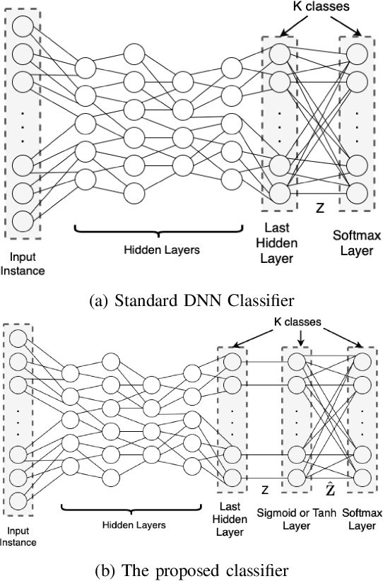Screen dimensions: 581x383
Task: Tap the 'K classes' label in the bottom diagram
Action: click(x=297, y=322)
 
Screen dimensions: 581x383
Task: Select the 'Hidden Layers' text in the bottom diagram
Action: click(x=134, y=525)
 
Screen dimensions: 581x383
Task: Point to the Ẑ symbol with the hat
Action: click(x=330, y=488)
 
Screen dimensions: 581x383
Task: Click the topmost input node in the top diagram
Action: click(x=23, y=26)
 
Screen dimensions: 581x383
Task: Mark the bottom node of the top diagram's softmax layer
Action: click(x=355, y=192)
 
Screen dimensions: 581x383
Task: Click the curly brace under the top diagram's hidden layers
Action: click(x=158, y=232)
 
